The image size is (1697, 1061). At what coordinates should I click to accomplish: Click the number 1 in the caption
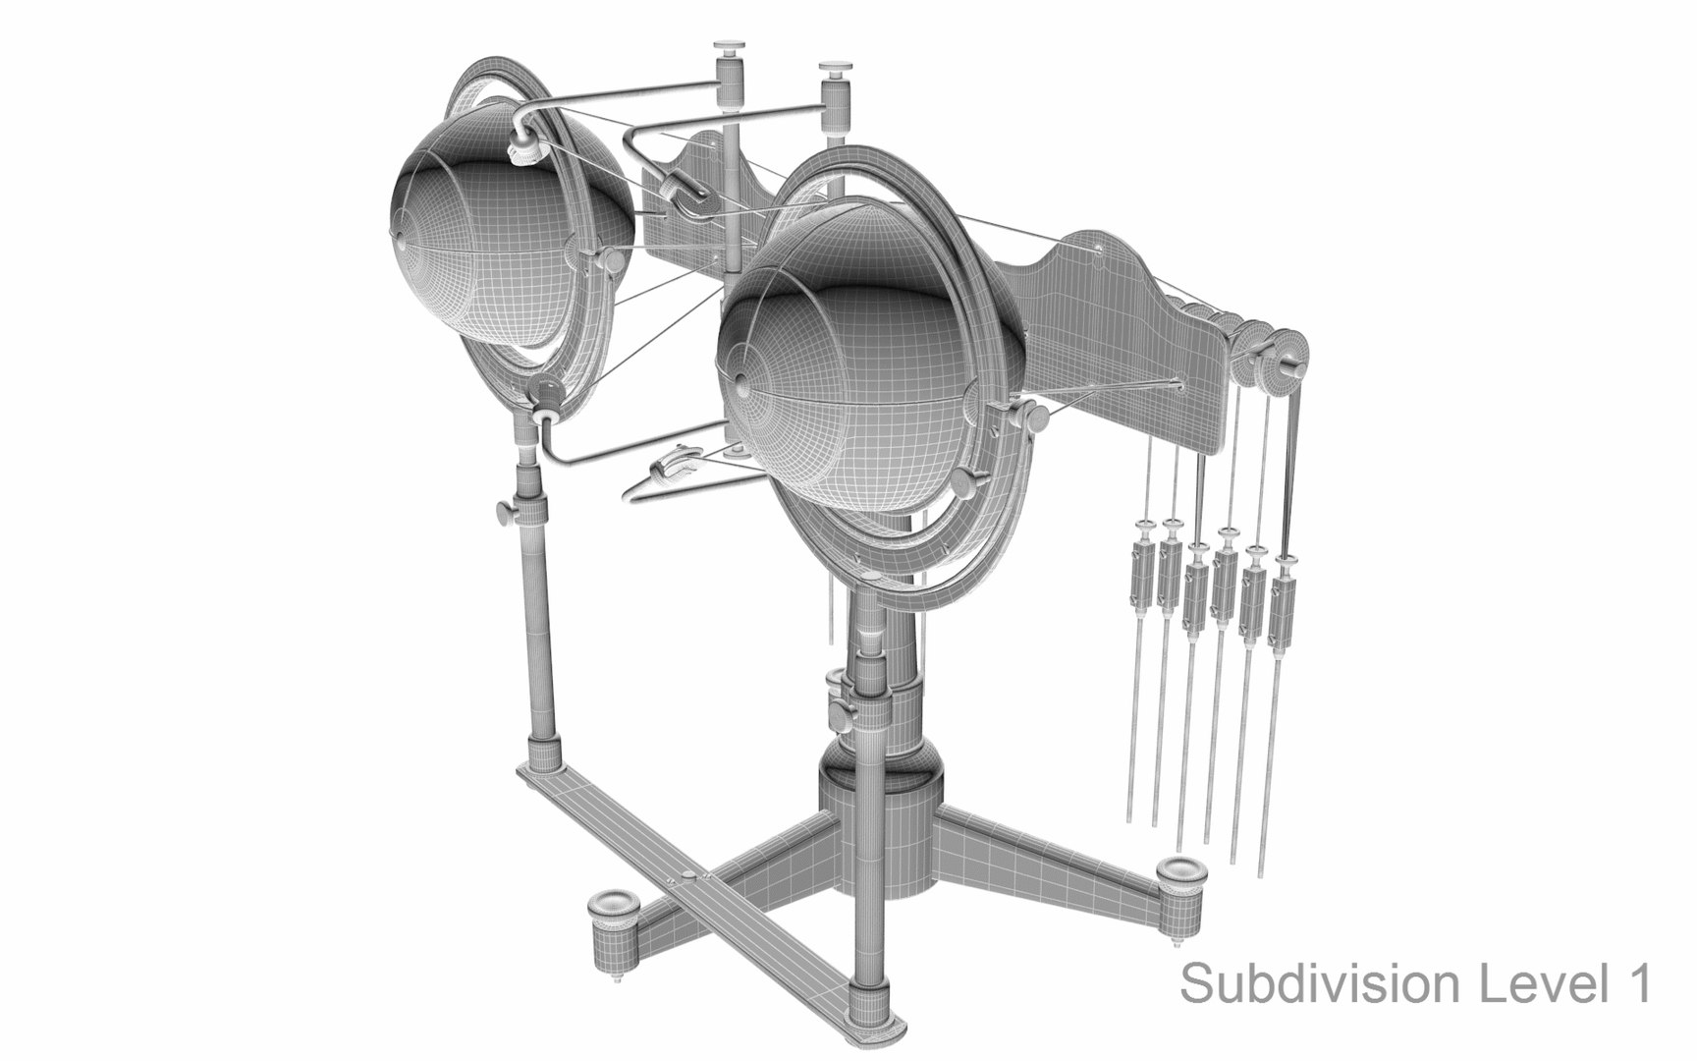click(1638, 982)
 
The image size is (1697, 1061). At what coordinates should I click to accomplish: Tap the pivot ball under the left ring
click(546, 394)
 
